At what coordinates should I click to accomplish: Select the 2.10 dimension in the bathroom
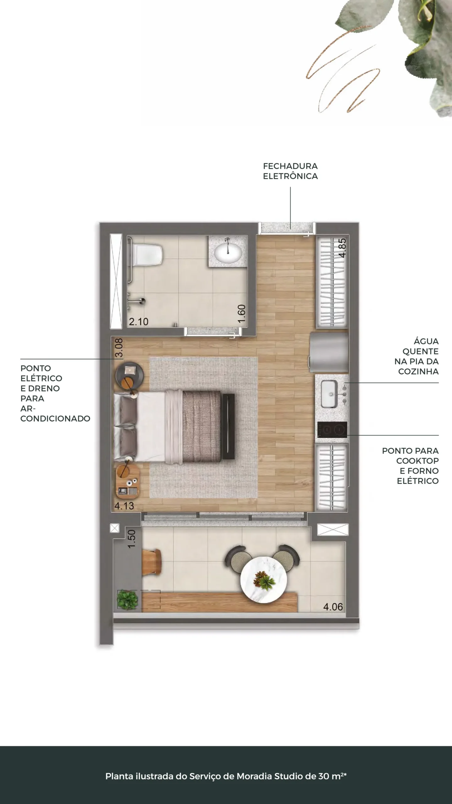pyautogui.click(x=139, y=322)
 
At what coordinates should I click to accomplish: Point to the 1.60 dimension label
pyautogui.click(x=242, y=314)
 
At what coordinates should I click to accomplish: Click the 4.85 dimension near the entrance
pyautogui.click(x=342, y=248)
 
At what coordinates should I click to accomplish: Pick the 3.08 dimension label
pyautogui.click(x=119, y=348)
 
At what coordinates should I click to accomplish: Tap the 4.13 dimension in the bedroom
pyautogui.click(x=124, y=506)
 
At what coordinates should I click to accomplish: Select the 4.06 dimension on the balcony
pyautogui.click(x=333, y=606)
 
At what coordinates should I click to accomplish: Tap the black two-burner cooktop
pyautogui.click(x=332, y=430)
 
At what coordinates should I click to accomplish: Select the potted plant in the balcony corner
pyautogui.click(x=127, y=600)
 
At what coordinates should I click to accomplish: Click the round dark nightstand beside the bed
pyautogui.click(x=130, y=375)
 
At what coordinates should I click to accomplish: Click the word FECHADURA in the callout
pyautogui.click(x=290, y=166)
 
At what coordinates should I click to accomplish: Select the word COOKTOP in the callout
pyautogui.click(x=417, y=461)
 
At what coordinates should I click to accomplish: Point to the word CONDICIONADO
pyautogui.click(x=55, y=418)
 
